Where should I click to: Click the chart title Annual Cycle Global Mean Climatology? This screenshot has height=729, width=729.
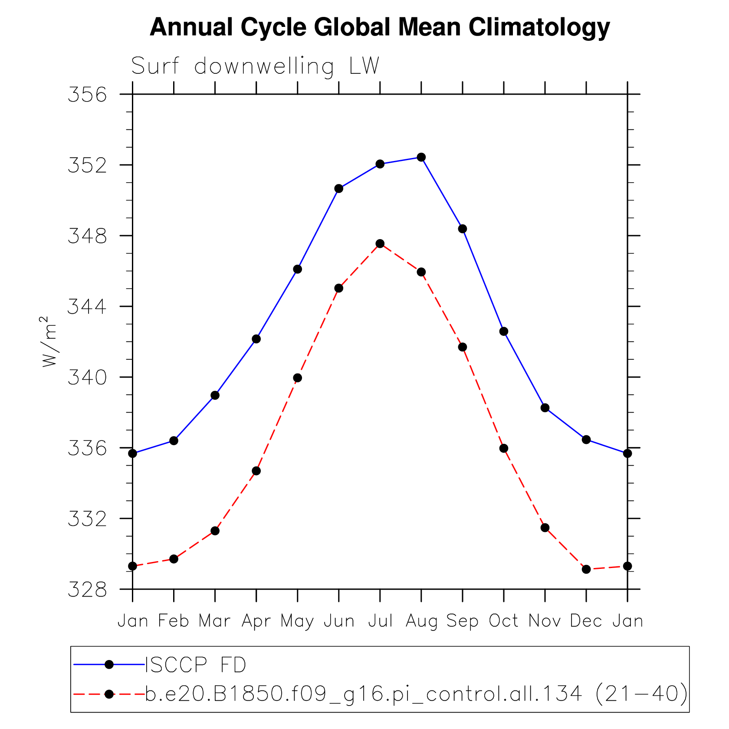(x=380, y=27)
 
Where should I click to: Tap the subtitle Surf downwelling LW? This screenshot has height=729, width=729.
(x=255, y=66)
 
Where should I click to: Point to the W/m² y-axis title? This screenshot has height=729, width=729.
(x=49, y=342)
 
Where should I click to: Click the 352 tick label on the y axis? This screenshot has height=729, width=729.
(x=87, y=165)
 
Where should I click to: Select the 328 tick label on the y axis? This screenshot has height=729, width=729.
(x=87, y=590)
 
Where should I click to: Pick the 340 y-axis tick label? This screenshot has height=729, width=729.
(x=87, y=378)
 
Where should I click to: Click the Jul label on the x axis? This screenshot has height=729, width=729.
(x=380, y=621)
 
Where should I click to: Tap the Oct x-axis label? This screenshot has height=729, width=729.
(x=503, y=621)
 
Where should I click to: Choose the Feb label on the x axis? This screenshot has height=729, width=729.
(x=174, y=621)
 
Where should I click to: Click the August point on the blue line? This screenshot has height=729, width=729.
(x=421, y=157)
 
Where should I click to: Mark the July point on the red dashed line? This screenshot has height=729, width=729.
(x=380, y=244)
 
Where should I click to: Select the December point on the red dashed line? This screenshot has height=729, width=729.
(x=586, y=569)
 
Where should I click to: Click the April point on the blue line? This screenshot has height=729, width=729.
(x=256, y=339)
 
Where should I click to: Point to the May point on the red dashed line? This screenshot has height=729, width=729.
(x=297, y=378)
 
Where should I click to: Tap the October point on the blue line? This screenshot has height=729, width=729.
(x=504, y=332)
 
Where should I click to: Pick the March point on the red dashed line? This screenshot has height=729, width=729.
(x=215, y=531)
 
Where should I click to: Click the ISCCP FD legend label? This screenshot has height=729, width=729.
(x=196, y=665)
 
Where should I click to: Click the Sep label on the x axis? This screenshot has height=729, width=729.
(x=463, y=621)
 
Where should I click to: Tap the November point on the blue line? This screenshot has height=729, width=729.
(x=545, y=408)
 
